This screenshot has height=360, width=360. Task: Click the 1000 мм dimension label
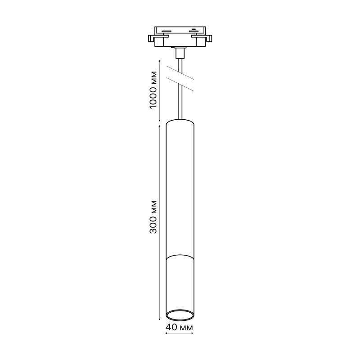tap(153, 90)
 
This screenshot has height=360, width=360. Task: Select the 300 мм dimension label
tap(153, 217)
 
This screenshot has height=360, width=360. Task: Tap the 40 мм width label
tap(179, 327)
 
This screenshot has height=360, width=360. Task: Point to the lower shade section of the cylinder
tap(180, 287)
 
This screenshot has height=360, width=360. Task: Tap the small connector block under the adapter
tap(180, 53)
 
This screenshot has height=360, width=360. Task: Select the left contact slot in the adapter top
tap(166, 31)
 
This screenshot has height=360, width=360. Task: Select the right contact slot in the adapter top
tap(193, 31)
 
